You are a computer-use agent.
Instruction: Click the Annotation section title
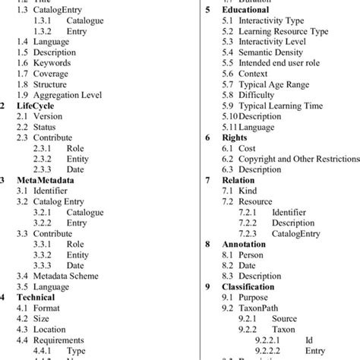pyautogui.click(x=245, y=245)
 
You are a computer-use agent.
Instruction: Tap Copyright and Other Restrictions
pyautogui.click(x=297, y=159)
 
